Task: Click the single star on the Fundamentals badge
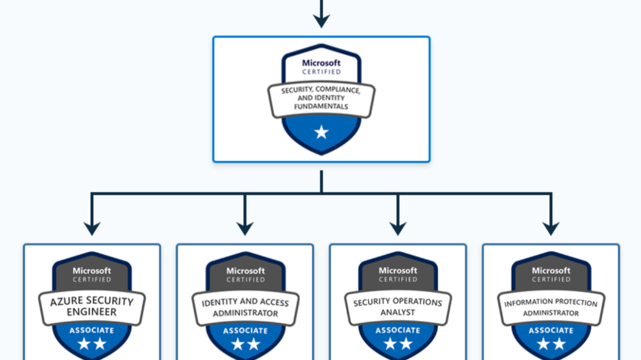pyautogui.click(x=321, y=132)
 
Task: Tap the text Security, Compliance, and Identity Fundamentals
pyautogui.click(x=321, y=99)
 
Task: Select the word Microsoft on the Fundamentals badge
pyautogui.click(x=321, y=63)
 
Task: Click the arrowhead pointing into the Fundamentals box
pyautogui.click(x=321, y=21)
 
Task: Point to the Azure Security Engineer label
pyautogui.click(x=92, y=306)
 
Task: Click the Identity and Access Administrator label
pyautogui.click(x=245, y=307)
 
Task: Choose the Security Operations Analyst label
pyautogui.click(x=398, y=307)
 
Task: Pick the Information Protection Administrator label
pyautogui.click(x=551, y=307)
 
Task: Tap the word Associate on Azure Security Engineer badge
pyautogui.click(x=92, y=330)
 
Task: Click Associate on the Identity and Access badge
pyautogui.click(x=245, y=330)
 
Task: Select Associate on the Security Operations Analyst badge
pyautogui.click(x=398, y=330)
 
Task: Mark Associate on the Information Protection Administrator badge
pyautogui.click(x=551, y=330)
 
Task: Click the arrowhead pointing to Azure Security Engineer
pyautogui.click(x=92, y=228)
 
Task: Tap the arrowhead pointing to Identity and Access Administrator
pyautogui.click(x=245, y=228)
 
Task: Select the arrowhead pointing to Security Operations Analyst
pyautogui.click(x=398, y=228)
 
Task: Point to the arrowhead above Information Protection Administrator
pyautogui.click(x=551, y=228)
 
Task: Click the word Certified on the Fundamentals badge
pyautogui.click(x=321, y=72)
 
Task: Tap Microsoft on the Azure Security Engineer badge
pyautogui.click(x=92, y=271)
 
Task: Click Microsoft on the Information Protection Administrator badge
pyautogui.click(x=551, y=271)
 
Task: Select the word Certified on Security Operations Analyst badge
pyautogui.click(x=398, y=279)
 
